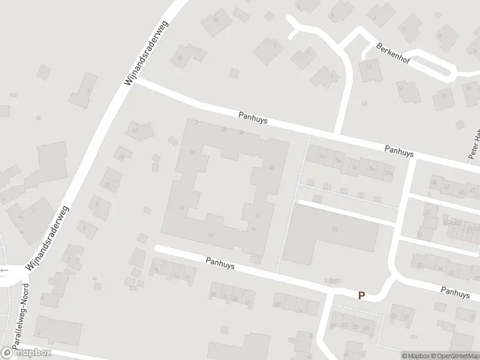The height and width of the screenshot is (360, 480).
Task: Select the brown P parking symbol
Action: click(x=361, y=295)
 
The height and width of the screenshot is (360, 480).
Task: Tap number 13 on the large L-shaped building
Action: click(x=334, y=230)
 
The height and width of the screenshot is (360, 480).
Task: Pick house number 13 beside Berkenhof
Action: click(x=369, y=68)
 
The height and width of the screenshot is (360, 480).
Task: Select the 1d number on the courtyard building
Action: click(x=210, y=235)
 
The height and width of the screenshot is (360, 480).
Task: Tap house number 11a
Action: click(x=388, y=173)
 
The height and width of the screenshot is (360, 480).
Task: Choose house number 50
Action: click(x=433, y=181)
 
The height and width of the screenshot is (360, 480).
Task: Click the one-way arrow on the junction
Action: click(x=4, y=270)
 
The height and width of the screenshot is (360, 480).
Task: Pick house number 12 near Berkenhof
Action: click(x=400, y=88)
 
